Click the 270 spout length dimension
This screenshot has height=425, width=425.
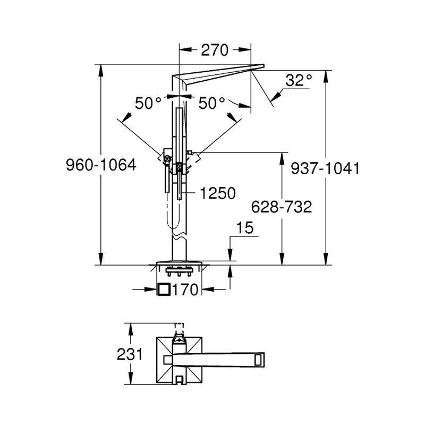(214, 50)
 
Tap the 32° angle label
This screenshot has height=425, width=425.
(298, 81)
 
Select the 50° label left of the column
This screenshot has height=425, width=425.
(148, 103)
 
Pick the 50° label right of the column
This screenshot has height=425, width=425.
(212, 103)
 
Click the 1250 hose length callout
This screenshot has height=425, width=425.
(217, 194)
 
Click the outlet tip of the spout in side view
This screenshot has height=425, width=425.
(259, 66)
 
